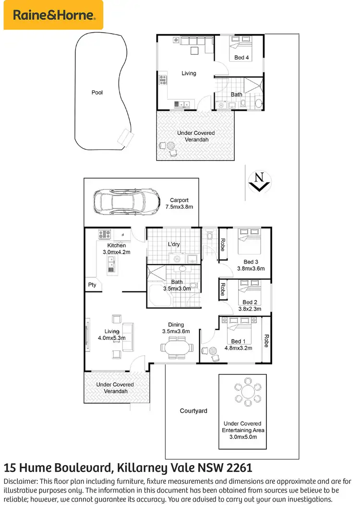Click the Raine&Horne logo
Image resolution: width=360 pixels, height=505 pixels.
pos(53,15)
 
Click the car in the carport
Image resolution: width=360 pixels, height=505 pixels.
pos(127,202)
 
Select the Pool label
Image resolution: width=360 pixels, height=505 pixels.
pos(97,93)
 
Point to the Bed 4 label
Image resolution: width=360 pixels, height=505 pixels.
pos(241,58)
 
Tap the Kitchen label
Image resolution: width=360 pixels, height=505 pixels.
pos(117,245)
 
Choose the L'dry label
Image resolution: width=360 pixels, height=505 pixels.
pos(174,244)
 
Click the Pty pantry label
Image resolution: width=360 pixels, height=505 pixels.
pos(92,285)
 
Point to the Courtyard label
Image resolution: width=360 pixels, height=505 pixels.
pos(193,411)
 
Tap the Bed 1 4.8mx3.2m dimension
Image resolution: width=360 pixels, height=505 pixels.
pos(238,348)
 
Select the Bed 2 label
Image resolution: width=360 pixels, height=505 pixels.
pos(250,302)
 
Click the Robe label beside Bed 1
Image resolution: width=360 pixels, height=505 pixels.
pos(265,341)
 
